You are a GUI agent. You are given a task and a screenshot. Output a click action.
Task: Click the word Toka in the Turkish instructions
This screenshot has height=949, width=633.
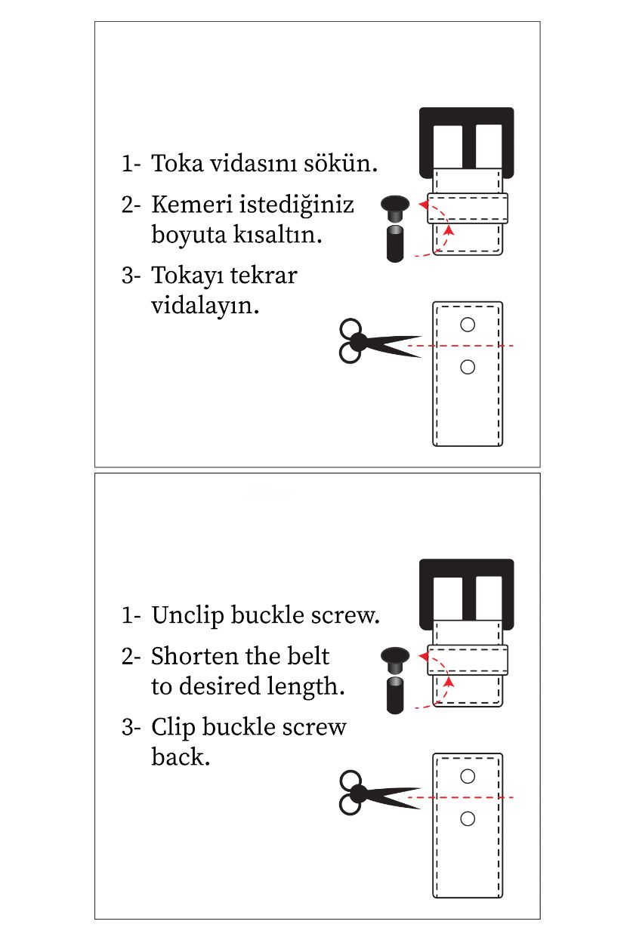click(x=178, y=164)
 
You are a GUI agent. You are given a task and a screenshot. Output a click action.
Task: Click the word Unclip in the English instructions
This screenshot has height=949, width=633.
click(x=188, y=616)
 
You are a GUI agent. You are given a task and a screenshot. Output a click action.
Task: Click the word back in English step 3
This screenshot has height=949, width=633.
click(x=180, y=757)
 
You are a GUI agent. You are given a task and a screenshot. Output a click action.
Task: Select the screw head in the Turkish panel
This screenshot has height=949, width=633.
click(x=395, y=204)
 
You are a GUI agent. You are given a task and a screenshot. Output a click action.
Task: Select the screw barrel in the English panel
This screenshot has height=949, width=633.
click(x=394, y=695)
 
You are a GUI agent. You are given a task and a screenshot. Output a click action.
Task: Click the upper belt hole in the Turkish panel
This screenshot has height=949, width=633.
click(x=468, y=325)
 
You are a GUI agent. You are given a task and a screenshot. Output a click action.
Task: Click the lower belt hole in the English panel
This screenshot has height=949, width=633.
click(x=468, y=818)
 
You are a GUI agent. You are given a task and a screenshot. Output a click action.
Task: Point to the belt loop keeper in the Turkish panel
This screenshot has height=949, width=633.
click(x=467, y=208)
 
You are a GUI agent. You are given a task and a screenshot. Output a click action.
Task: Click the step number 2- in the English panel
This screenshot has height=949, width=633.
click(x=131, y=656)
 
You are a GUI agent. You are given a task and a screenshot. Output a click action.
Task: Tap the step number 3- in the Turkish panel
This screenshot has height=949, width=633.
click(x=131, y=276)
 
